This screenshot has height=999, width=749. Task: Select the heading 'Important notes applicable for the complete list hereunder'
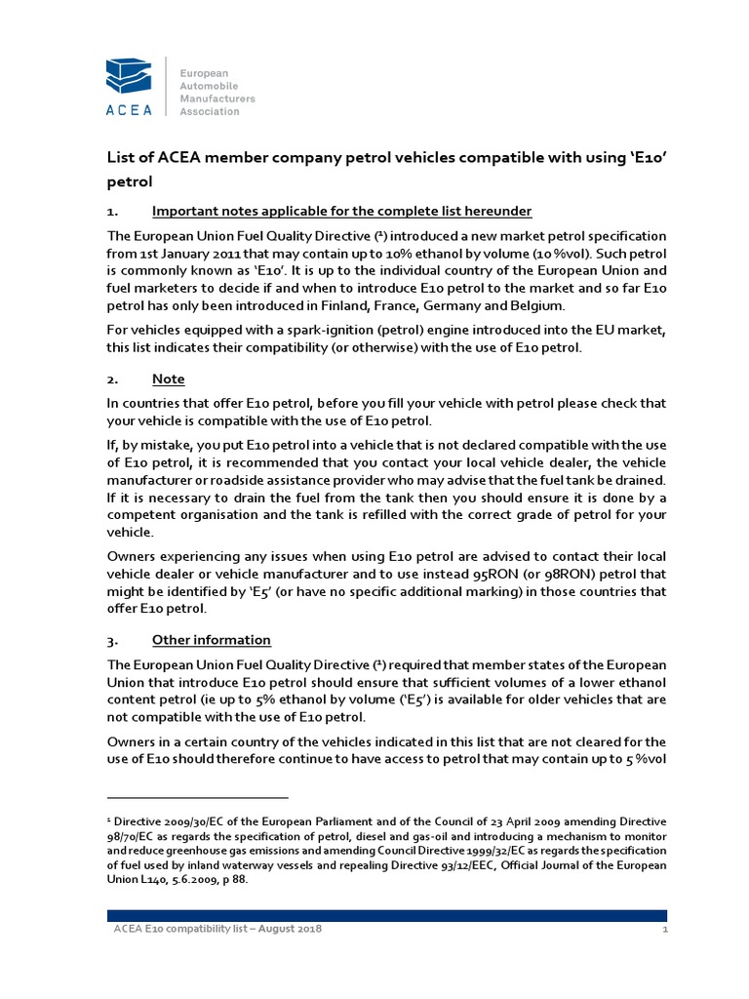[x=341, y=212]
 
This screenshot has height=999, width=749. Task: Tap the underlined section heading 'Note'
[x=168, y=379]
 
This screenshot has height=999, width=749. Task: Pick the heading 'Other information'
[x=212, y=640]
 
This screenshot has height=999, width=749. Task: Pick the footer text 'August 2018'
[x=291, y=929]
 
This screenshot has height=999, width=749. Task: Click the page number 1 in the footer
[x=663, y=929]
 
